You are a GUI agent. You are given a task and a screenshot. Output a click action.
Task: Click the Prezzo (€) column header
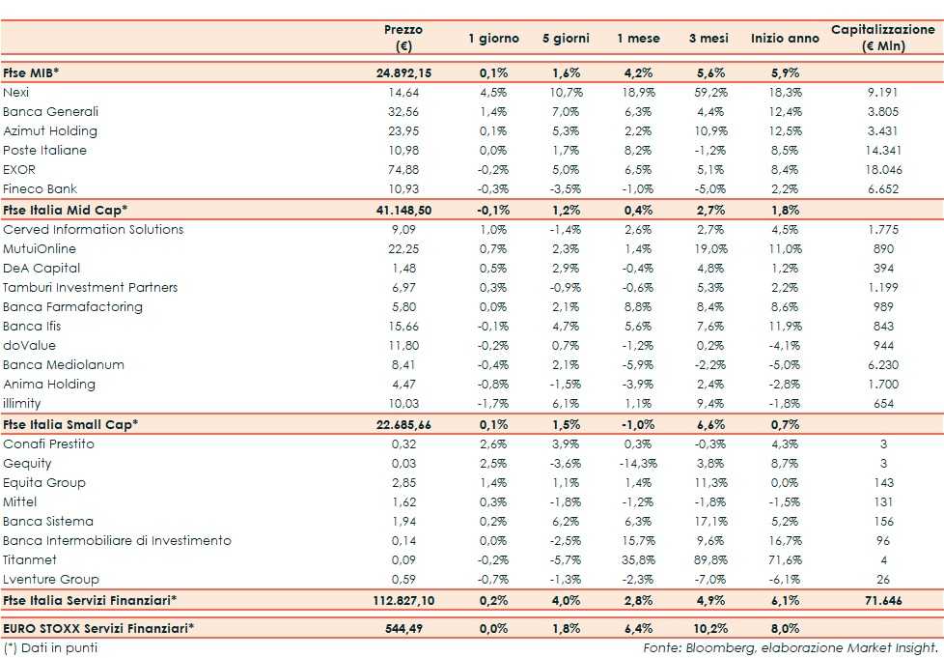(403, 39)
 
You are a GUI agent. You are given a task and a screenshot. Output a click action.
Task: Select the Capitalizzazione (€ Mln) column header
(883, 39)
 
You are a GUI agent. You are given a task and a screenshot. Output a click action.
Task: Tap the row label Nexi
(15, 92)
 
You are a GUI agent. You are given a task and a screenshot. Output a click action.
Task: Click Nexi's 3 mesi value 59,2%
(708, 92)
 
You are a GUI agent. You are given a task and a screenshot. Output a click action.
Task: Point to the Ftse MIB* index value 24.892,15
(403, 72)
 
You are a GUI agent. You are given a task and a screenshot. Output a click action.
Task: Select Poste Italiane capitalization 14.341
(883, 150)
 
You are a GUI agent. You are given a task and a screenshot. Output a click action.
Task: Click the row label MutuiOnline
(40, 248)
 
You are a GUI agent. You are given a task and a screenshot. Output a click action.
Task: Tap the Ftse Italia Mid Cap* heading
(66, 210)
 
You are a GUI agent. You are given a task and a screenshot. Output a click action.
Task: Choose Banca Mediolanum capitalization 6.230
(883, 364)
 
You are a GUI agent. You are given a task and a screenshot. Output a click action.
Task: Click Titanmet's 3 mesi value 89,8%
(708, 559)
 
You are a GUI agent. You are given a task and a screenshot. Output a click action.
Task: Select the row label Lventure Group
(51, 579)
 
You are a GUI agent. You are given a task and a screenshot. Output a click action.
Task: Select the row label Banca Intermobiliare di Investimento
(117, 540)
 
